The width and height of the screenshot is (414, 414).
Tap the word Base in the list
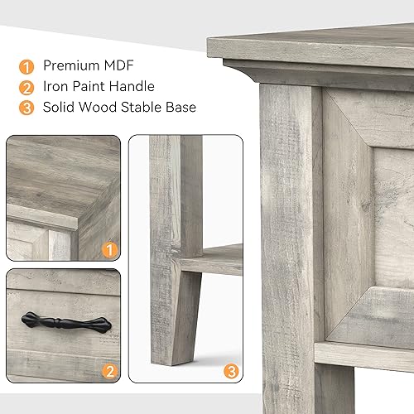click(x=182, y=107)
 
